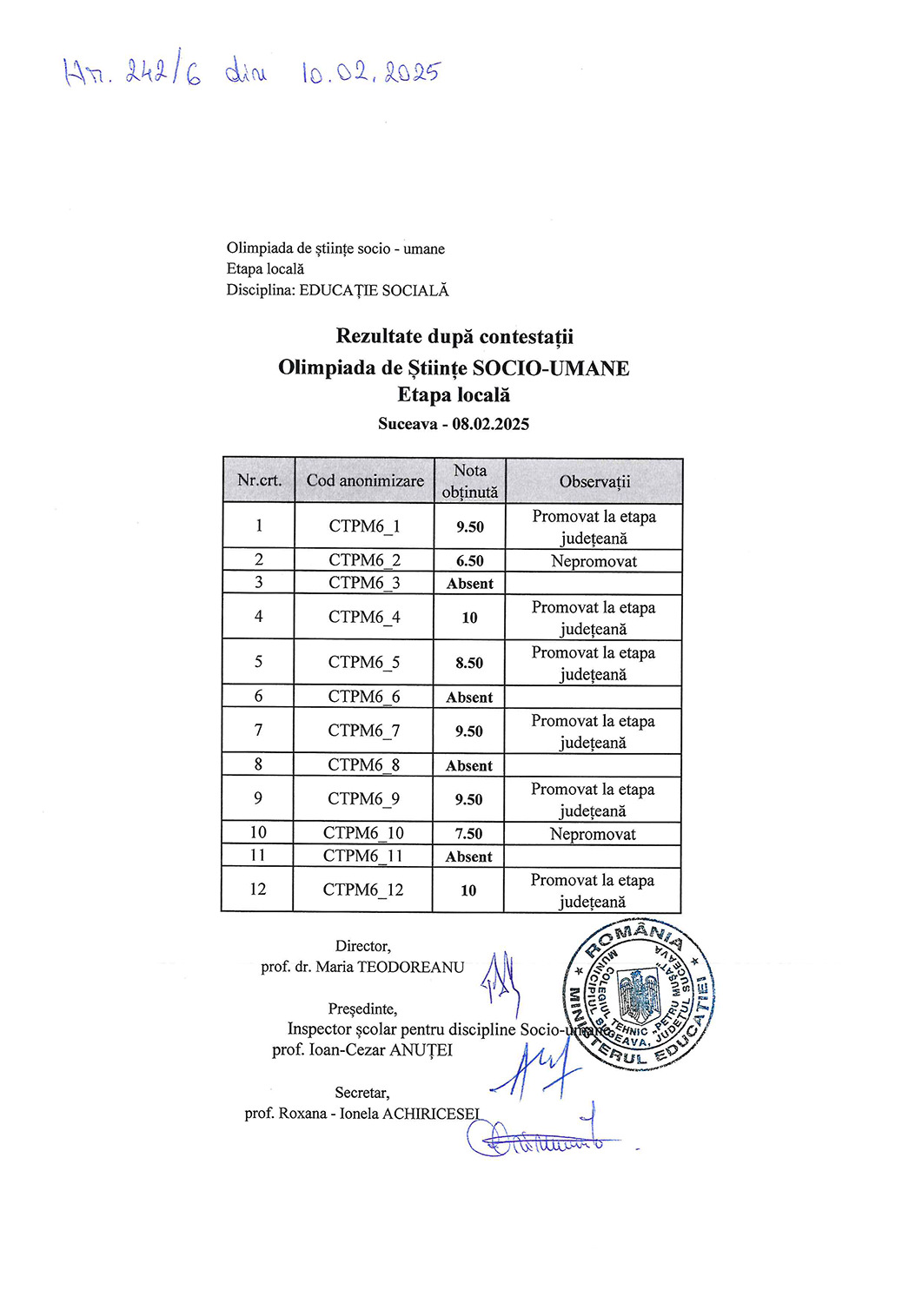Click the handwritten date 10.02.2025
pos(371,73)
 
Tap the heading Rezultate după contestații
pos(454,336)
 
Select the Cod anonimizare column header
pos(365,480)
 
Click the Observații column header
pos(594,481)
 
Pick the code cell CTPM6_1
pos(364,526)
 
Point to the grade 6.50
pos(469,561)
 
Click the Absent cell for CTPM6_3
pos(469,584)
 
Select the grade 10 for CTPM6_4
pos(469,618)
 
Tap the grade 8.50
pos(469,663)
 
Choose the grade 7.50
pos(468,834)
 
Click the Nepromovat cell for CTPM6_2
pos(594,561)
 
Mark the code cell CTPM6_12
pos(363,890)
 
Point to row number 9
pos(257,798)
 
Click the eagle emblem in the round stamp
pos(639,995)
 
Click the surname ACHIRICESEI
pos(431,1114)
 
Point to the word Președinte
pos(362,1009)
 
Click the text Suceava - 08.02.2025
pos(454,424)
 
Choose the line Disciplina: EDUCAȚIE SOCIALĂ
pos(338,290)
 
